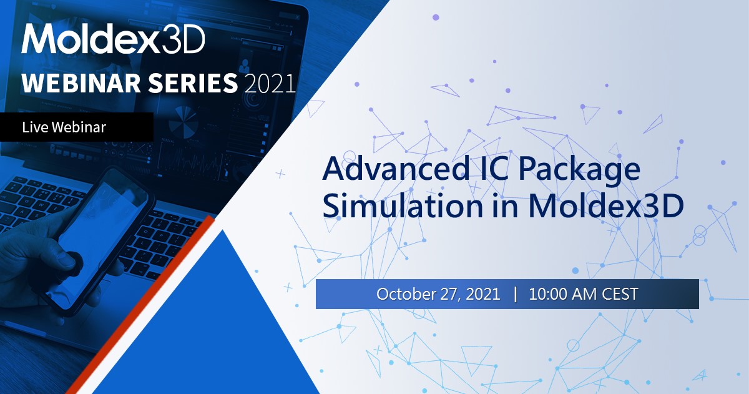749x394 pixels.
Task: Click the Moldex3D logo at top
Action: tap(113, 40)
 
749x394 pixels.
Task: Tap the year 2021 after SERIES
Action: tap(270, 83)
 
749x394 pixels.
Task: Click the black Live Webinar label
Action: tap(76, 127)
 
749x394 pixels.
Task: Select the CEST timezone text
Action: tap(620, 294)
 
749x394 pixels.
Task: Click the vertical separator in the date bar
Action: tap(515, 294)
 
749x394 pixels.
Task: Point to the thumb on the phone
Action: tap(72, 262)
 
